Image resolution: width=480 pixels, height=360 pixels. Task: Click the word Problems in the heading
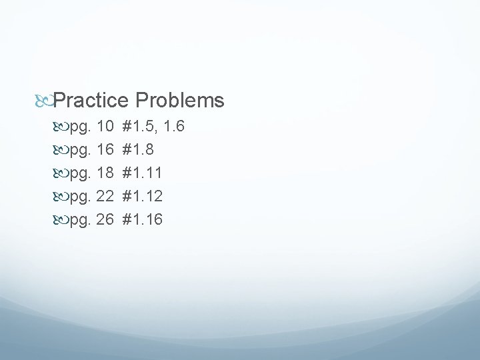179,101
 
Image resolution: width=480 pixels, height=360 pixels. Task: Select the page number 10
105,125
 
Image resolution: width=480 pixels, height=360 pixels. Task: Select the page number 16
105,149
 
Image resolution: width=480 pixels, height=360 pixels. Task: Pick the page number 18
105,172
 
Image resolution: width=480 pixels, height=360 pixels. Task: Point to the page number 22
105,196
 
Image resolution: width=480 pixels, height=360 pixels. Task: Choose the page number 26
105,219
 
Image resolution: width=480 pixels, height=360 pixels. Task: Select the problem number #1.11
143,172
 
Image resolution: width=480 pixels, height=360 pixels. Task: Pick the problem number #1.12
143,196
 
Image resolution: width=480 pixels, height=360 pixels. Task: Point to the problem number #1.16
143,219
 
